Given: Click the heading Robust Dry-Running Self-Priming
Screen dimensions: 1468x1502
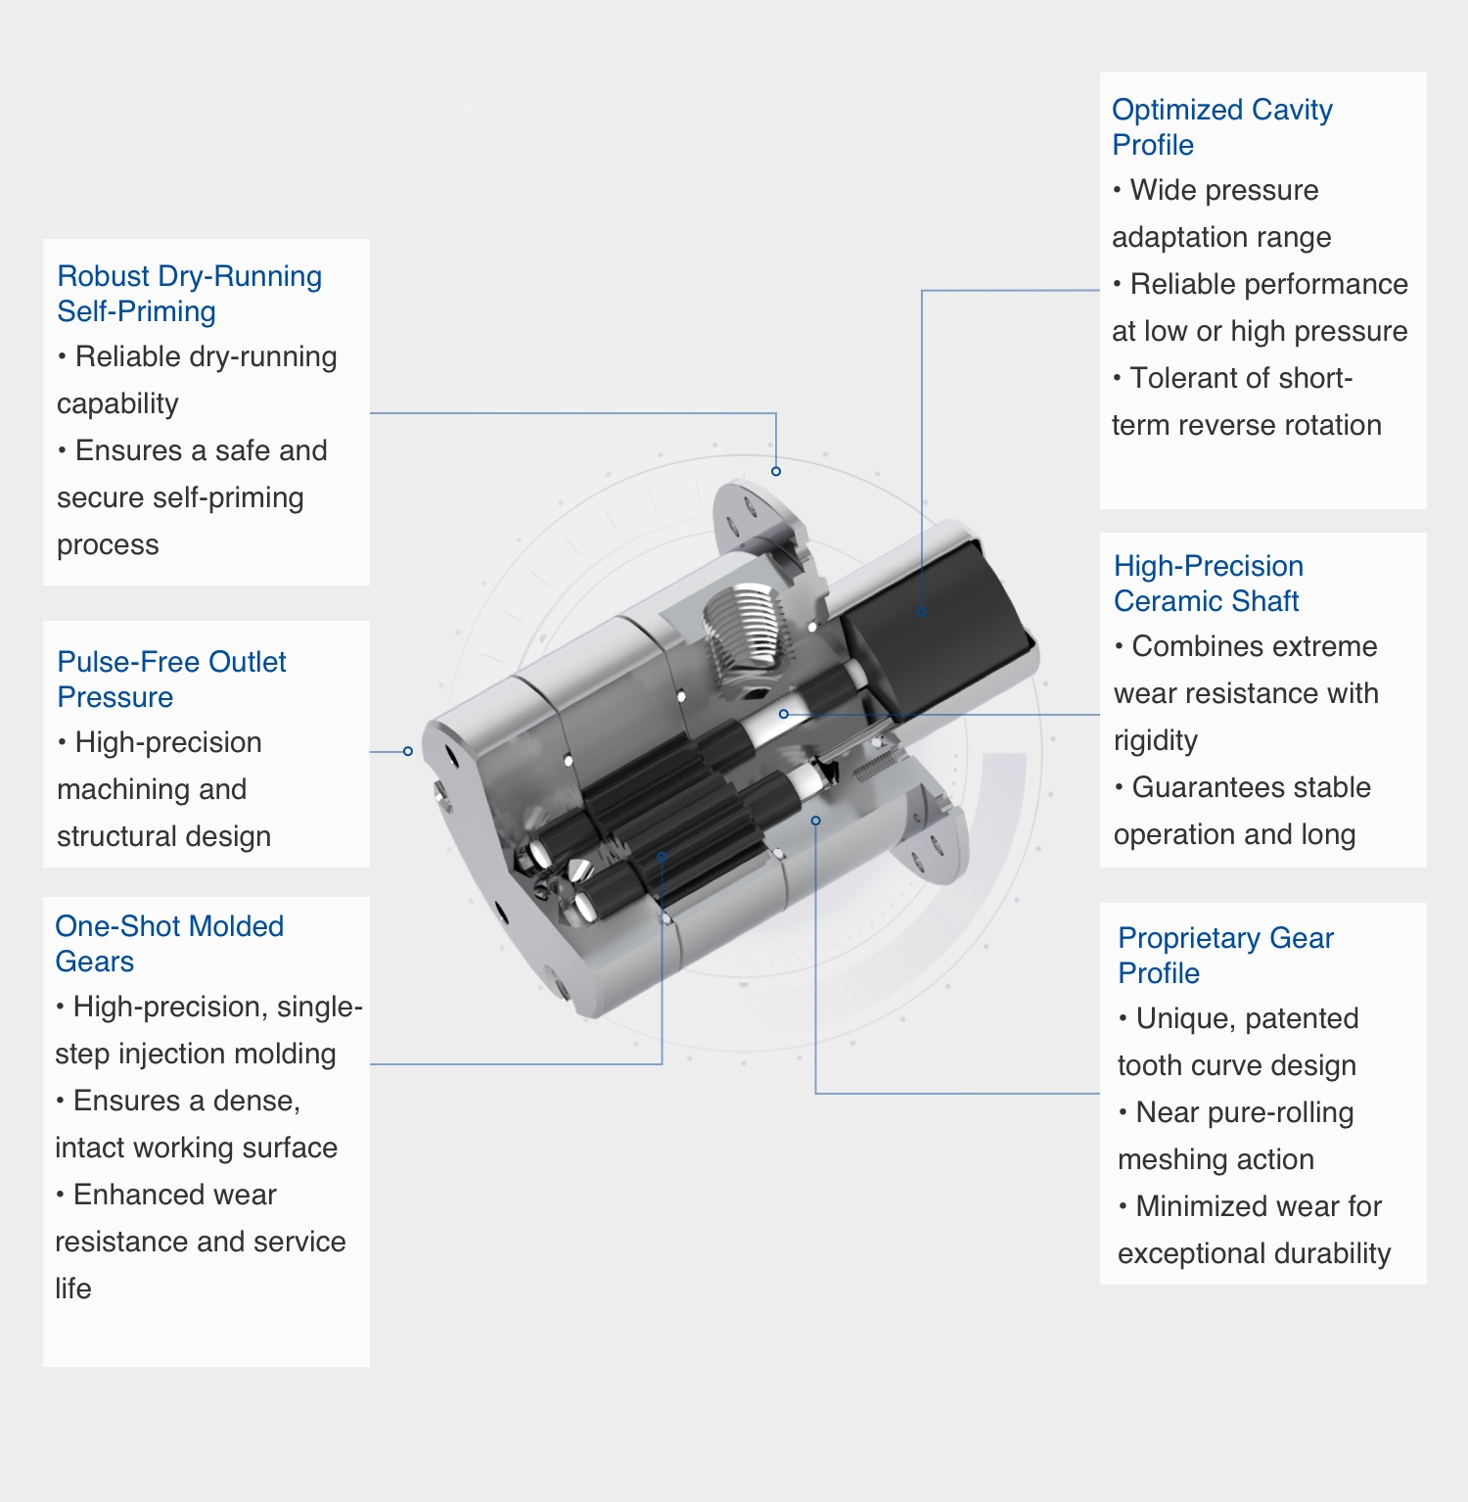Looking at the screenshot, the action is (190, 294).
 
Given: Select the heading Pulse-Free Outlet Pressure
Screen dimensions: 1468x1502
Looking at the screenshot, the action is (172, 680).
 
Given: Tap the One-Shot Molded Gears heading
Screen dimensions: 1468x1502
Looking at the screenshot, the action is (169, 944).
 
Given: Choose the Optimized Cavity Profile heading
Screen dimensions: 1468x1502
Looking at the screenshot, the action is (1222, 127).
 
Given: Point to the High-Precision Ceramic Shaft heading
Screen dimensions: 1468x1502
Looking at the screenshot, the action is (1209, 584).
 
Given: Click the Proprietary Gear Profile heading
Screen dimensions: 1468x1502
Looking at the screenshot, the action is (1225, 956).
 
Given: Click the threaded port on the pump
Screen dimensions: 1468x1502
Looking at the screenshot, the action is (745, 634).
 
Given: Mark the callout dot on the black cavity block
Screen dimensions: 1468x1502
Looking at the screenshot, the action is (922, 612).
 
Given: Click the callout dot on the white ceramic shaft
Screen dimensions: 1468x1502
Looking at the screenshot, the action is (784, 714).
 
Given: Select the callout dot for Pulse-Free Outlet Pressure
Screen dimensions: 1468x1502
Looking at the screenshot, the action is (408, 751).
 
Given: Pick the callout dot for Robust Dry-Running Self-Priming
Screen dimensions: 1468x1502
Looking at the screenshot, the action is (776, 471).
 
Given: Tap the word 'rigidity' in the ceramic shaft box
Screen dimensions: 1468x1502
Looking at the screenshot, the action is (1156, 740).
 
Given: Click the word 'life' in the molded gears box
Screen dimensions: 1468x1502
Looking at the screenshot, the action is (73, 1289).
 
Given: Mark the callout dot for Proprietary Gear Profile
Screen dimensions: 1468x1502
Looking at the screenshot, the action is (815, 821).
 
